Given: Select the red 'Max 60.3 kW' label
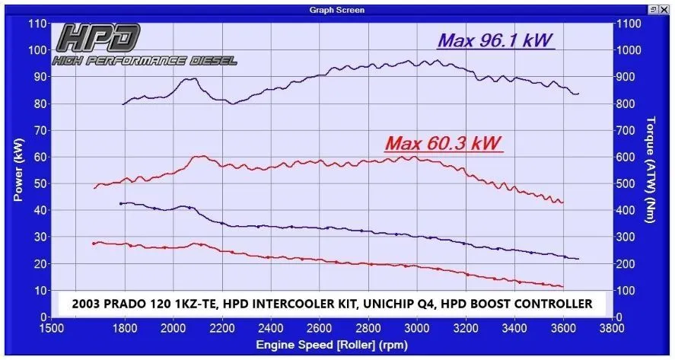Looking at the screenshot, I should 444,143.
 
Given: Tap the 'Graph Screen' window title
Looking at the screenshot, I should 337,10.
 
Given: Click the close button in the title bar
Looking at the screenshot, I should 666,10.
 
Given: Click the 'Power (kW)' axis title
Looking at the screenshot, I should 18,169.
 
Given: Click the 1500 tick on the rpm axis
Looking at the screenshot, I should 51,330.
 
